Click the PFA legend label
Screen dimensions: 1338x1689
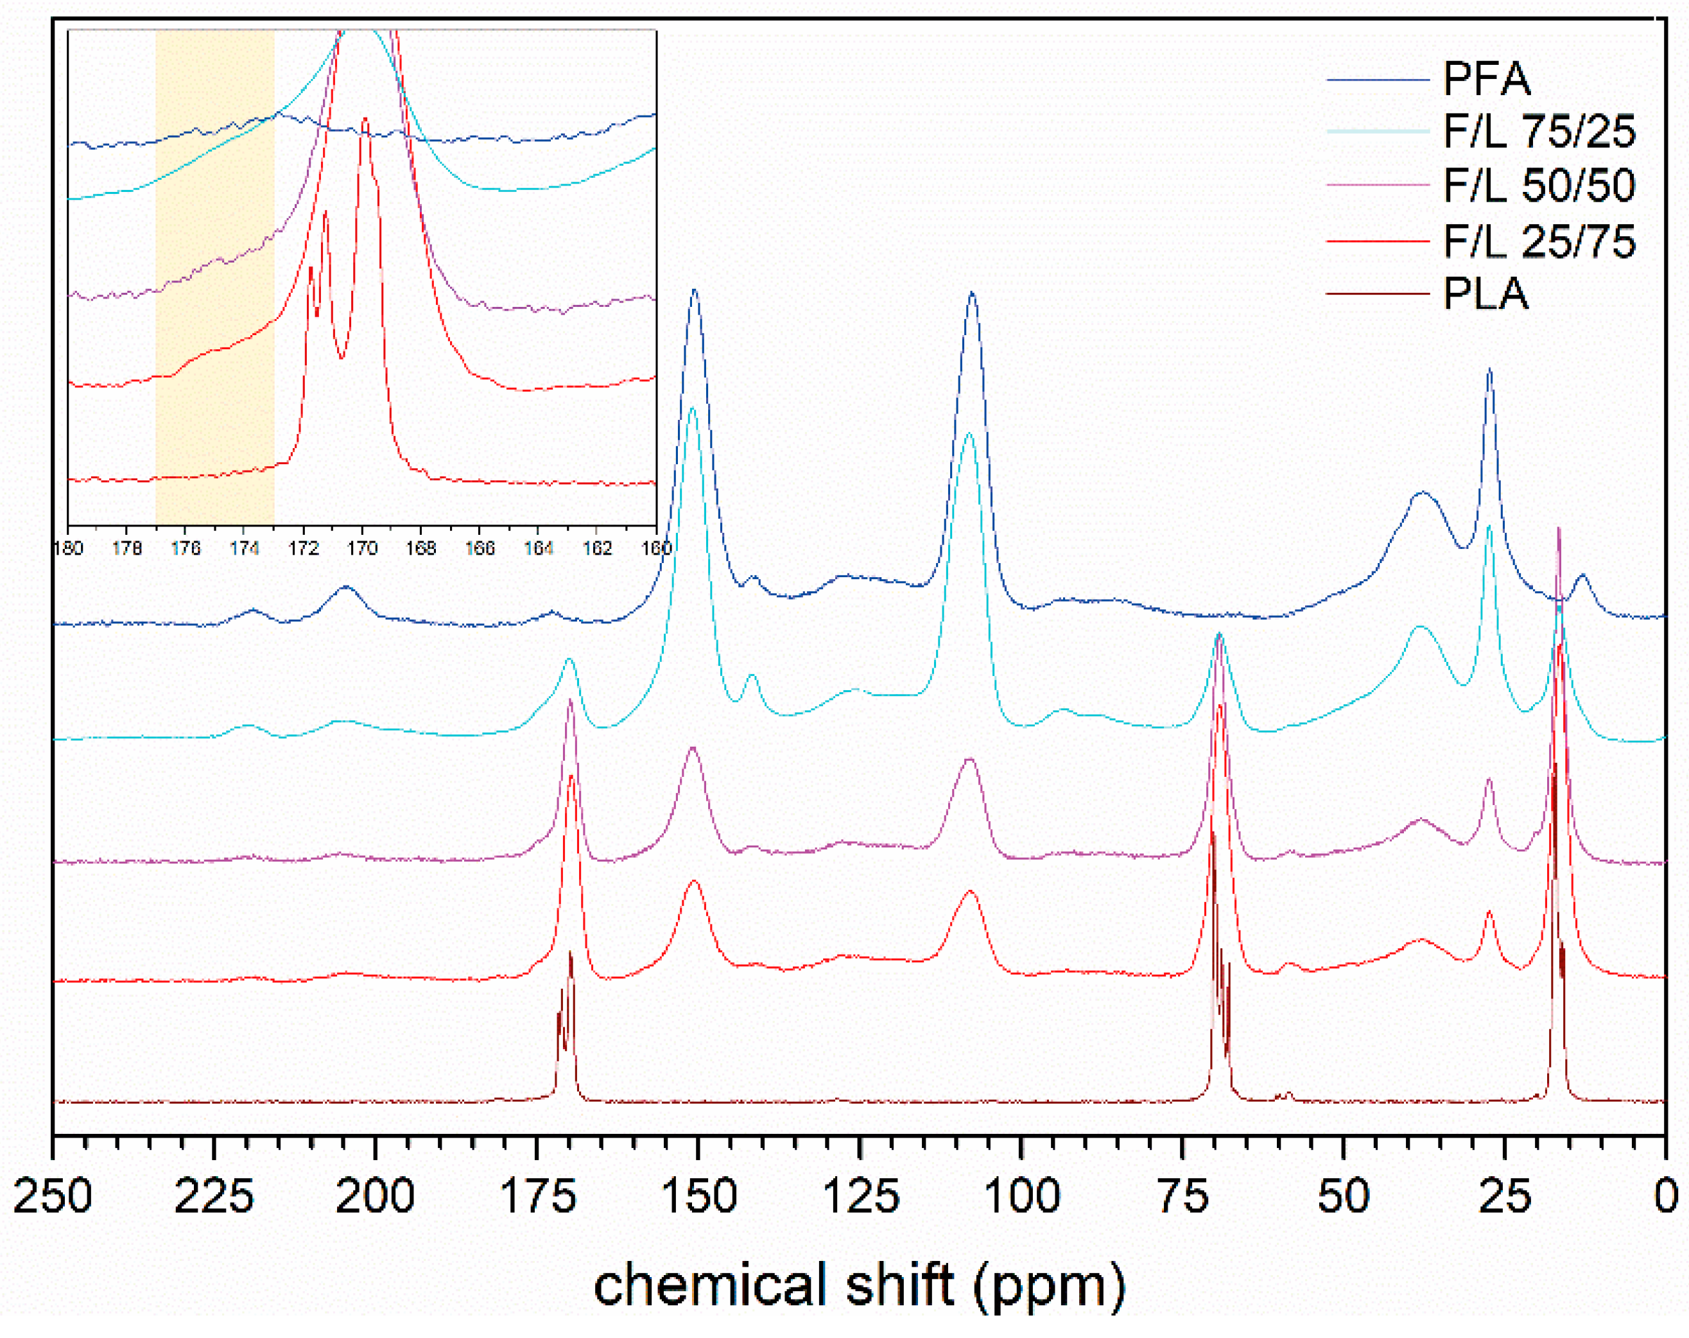[1486, 78]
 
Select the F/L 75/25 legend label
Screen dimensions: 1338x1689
[1539, 132]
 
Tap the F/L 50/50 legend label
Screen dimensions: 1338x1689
[1539, 186]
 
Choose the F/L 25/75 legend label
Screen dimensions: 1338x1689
[1539, 241]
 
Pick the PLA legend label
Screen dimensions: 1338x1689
[1485, 295]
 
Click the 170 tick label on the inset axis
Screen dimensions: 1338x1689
[362, 548]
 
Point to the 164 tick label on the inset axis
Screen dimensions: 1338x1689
[538, 548]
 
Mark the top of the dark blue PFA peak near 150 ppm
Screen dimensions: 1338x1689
[694, 291]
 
